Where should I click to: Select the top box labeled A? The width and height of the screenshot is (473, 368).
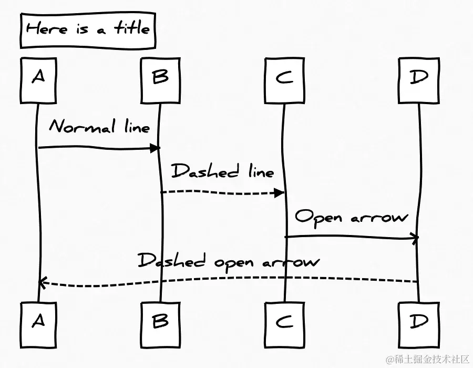coord(38,79)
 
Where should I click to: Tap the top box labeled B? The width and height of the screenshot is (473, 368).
coord(160,79)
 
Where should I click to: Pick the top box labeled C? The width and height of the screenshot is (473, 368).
coord(284,79)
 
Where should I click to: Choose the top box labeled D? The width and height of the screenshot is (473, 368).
coord(419,79)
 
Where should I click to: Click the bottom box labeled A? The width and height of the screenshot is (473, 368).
coord(38,321)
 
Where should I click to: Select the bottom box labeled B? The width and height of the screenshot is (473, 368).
coord(160,321)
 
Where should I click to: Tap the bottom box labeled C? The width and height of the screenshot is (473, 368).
coord(284,321)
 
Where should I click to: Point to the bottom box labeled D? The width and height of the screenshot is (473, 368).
coord(419,321)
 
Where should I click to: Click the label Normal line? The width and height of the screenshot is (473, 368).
coord(99,127)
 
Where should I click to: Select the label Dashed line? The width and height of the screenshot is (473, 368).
coord(223,171)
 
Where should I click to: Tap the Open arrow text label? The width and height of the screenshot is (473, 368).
coord(351,217)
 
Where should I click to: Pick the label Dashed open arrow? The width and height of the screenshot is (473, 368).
coord(228,261)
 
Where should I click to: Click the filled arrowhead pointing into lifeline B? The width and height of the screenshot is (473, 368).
coord(155,148)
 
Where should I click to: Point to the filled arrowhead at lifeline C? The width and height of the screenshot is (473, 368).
coord(279,193)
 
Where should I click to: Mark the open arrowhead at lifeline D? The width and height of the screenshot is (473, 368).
coord(414,238)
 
